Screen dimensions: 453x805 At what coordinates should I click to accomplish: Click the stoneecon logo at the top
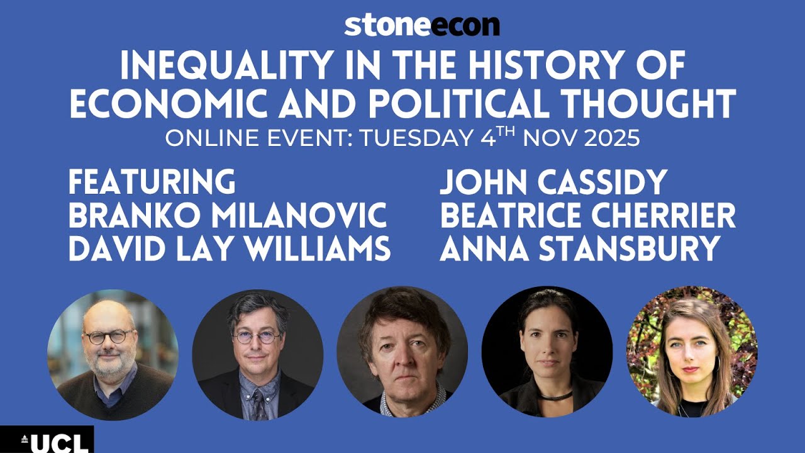click(x=421, y=25)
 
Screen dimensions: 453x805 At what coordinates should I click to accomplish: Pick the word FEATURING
click(x=152, y=182)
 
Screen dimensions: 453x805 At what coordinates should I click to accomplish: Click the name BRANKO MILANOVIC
click(x=227, y=216)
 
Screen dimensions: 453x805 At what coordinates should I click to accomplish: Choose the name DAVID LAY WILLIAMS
click(x=230, y=249)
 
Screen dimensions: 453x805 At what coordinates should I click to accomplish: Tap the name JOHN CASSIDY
click(x=552, y=182)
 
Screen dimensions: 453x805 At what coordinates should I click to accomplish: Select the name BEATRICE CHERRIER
click(x=587, y=216)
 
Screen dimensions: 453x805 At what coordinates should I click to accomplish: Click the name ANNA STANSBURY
click(x=579, y=249)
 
